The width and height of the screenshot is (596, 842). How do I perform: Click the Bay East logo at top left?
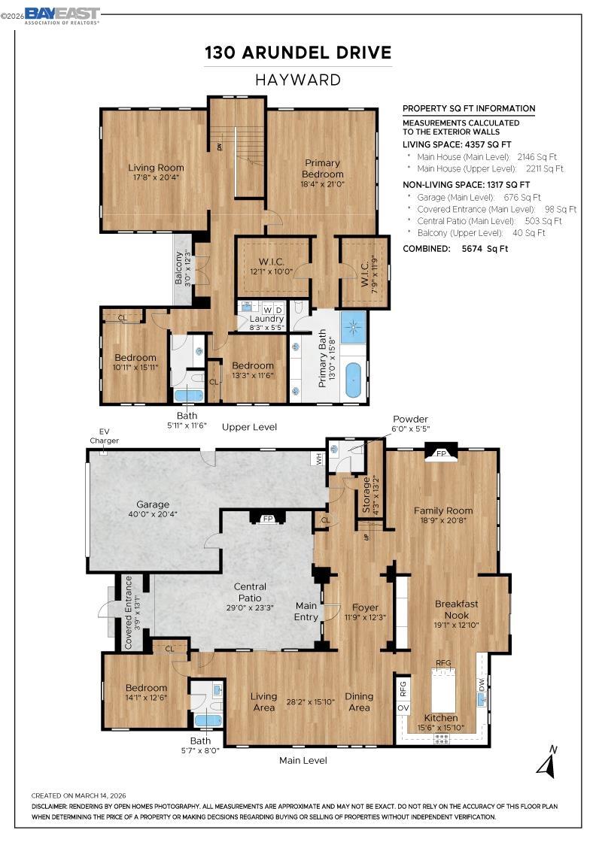click(61, 15)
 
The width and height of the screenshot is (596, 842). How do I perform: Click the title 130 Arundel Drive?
click(298, 53)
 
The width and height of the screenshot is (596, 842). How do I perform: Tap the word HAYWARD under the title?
click(298, 80)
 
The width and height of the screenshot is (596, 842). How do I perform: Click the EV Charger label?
click(105, 436)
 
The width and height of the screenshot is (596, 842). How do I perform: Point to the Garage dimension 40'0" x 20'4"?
click(153, 515)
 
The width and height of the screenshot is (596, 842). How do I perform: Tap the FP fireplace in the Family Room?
click(442, 453)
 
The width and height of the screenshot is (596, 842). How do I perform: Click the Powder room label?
click(410, 419)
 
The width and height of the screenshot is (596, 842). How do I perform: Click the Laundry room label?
click(266, 319)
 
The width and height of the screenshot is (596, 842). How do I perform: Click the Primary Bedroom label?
click(322, 168)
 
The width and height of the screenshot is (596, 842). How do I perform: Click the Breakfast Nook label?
click(456, 609)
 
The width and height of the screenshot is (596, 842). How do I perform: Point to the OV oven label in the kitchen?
click(403, 708)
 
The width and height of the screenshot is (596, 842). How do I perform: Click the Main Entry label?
click(306, 610)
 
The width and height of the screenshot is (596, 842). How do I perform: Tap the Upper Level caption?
click(249, 427)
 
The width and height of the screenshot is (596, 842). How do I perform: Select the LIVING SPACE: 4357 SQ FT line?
click(457, 144)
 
